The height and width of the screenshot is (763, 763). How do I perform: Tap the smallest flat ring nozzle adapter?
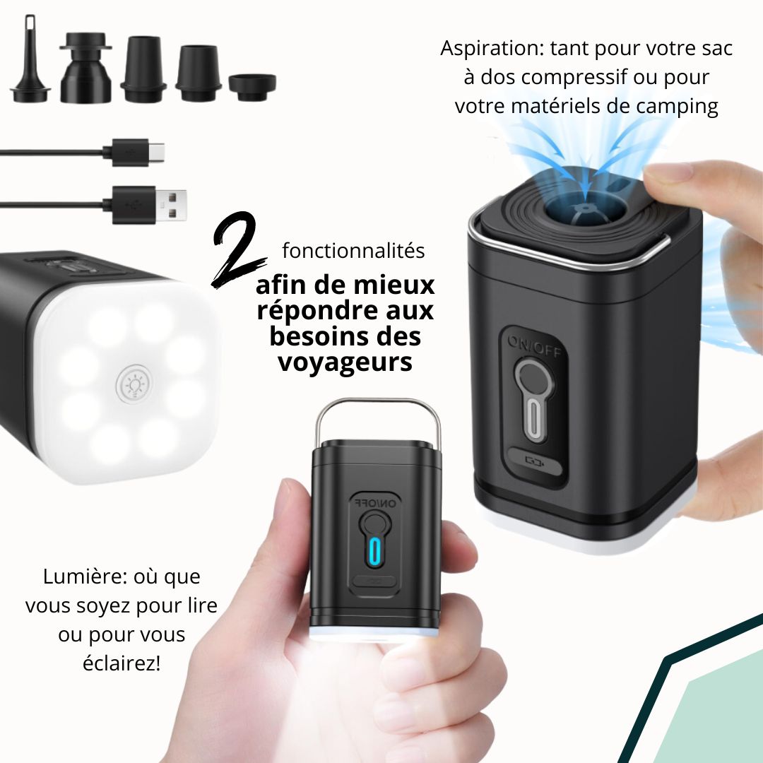click(252, 87)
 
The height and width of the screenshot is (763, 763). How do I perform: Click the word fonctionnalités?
click(353, 251)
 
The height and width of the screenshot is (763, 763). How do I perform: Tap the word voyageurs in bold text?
click(345, 362)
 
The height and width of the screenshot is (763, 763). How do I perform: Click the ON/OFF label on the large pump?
click(535, 346)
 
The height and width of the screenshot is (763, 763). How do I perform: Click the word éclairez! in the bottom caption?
click(122, 663)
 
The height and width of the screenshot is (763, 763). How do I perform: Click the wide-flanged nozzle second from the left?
click(85, 68)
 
